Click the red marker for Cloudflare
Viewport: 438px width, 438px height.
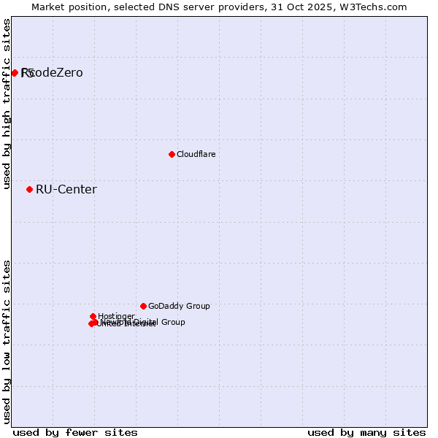[172, 154]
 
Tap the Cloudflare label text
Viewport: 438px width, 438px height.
[196, 154]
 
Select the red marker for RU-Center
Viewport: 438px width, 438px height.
[29, 189]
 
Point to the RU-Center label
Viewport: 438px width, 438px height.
[66, 190]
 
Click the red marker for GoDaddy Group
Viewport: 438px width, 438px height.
[143, 306]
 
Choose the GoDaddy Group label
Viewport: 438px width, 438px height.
[179, 306]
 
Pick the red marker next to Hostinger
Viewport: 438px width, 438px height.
[93, 316]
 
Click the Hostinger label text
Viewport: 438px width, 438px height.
[116, 316]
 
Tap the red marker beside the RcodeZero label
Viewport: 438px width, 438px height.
[15, 72]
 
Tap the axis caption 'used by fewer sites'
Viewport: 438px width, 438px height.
[75, 432]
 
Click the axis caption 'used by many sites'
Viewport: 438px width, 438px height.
[366, 432]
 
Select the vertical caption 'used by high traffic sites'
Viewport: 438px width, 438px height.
[7, 104]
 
